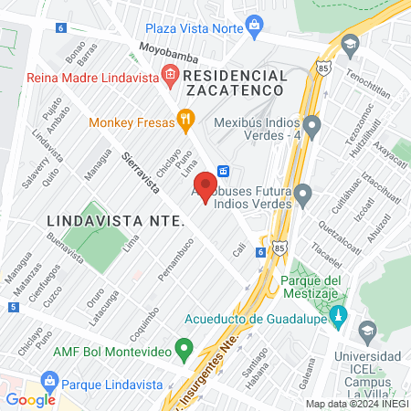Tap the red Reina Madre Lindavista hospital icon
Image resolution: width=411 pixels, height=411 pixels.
168,74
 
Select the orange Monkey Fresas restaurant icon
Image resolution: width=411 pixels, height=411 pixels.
185,118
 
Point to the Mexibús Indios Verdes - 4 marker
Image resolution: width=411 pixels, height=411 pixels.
312,123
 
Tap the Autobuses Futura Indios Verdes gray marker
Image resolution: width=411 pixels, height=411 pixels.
304,193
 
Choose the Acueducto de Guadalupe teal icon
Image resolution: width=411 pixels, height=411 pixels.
339,318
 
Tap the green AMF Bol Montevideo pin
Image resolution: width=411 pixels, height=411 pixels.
184,348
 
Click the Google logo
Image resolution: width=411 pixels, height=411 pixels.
30,399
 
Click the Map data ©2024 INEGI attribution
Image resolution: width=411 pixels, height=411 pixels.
356,404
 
